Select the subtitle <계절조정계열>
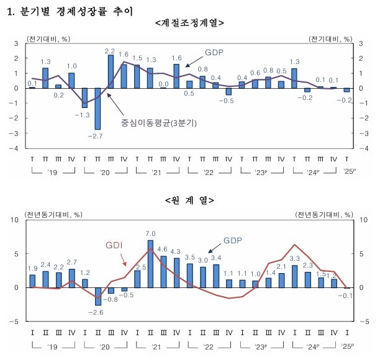click(x=189, y=24)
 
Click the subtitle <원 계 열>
click(x=189, y=200)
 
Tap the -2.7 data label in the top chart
click(x=94, y=135)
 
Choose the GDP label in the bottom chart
click(x=233, y=240)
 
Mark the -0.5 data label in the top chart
click(x=229, y=100)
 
